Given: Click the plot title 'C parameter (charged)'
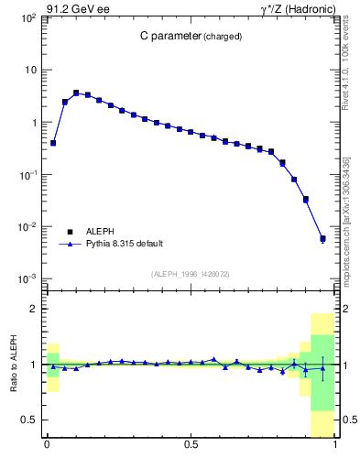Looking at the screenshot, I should tap(191, 37).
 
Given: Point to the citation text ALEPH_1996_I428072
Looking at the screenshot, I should tap(191, 274).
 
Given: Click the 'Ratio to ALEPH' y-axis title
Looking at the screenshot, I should tap(14, 365).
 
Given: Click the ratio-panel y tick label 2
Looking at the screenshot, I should tap(34, 310).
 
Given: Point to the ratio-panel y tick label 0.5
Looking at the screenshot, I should tap(30, 420).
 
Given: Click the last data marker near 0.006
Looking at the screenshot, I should tap(322, 239).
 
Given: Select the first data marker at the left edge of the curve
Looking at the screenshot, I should tap(53, 143).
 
